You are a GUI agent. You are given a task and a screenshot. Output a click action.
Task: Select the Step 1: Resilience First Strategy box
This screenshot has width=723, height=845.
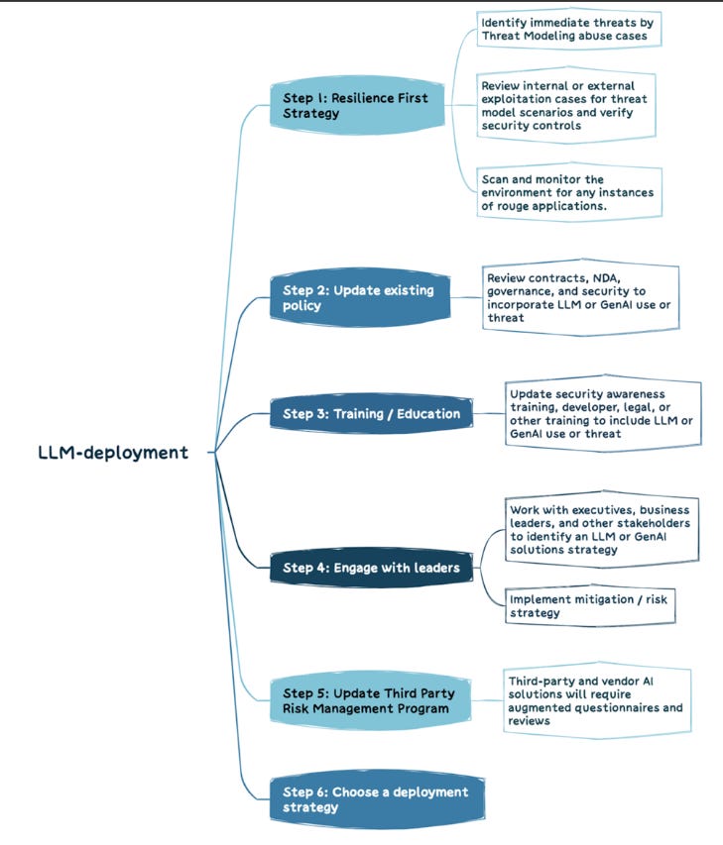point(356,106)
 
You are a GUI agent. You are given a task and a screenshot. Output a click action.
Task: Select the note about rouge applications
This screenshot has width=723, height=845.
point(567,192)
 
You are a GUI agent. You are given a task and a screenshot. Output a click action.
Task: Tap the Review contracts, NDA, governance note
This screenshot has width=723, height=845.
point(579,297)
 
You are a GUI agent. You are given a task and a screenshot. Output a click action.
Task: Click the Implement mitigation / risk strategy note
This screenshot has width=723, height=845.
point(589,606)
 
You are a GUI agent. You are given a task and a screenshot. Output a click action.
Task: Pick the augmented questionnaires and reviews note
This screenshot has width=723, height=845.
point(596,700)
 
